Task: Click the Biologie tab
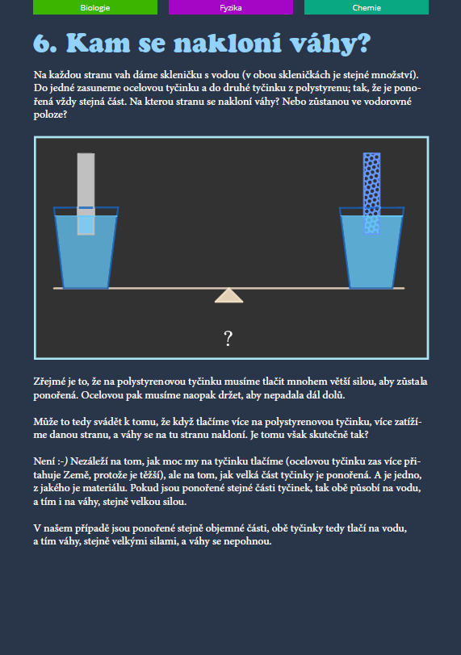[x=95, y=7]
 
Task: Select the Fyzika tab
[x=231, y=7]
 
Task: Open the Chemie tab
[x=367, y=7]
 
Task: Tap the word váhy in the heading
[x=330, y=44]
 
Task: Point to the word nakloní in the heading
[x=228, y=43]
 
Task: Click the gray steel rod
[x=86, y=194]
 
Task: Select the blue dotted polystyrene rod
[x=371, y=194]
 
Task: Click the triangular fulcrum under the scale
[x=228, y=295]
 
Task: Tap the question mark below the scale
[x=228, y=338]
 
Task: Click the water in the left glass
[x=86, y=259]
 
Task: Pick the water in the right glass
[x=371, y=259]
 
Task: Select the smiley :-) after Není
[x=63, y=461]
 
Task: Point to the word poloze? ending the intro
[x=50, y=115]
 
